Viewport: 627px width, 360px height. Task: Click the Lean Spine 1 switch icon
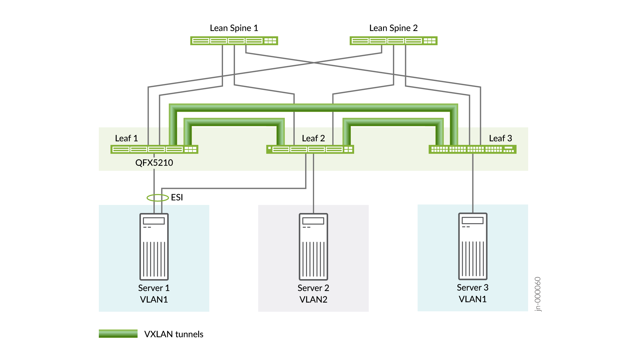point(234,41)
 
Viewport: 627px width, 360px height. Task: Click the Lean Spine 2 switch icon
point(394,41)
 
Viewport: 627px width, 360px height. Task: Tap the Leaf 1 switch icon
point(154,149)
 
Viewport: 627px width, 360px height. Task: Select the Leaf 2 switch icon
point(310,149)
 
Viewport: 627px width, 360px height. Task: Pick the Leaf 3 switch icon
point(472,149)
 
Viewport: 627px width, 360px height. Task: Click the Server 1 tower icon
point(154,246)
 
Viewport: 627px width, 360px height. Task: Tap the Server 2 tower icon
point(314,246)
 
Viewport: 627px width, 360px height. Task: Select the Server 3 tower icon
point(473,246)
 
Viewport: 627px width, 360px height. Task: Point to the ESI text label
point(177,197)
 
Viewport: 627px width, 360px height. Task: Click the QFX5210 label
point(154,163)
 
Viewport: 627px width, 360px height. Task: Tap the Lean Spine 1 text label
point(234,28)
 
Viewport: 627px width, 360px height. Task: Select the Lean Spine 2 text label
point(393,28)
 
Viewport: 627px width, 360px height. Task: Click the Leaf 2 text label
point(313,138)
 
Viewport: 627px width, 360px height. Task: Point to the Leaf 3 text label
point(500,138)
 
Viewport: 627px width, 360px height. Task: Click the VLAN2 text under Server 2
point(313,299)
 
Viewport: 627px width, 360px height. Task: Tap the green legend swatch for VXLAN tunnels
point(118,334)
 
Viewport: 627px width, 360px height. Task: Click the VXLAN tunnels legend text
point(173,334)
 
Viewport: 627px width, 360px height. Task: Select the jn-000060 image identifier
point(538,294)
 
